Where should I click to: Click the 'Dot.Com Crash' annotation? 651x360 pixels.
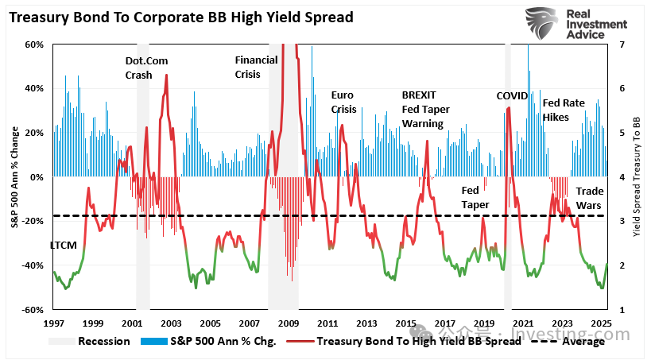147,68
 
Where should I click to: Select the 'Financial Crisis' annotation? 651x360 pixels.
256,67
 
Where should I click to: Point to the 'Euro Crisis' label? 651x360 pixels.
343,102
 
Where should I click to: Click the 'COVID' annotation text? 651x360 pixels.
512,95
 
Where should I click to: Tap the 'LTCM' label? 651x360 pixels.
64,245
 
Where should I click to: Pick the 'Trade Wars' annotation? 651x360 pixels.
589,198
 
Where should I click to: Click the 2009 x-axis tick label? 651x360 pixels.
288,323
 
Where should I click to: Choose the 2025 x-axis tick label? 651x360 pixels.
601,323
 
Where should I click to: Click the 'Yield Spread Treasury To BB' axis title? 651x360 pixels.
636,177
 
